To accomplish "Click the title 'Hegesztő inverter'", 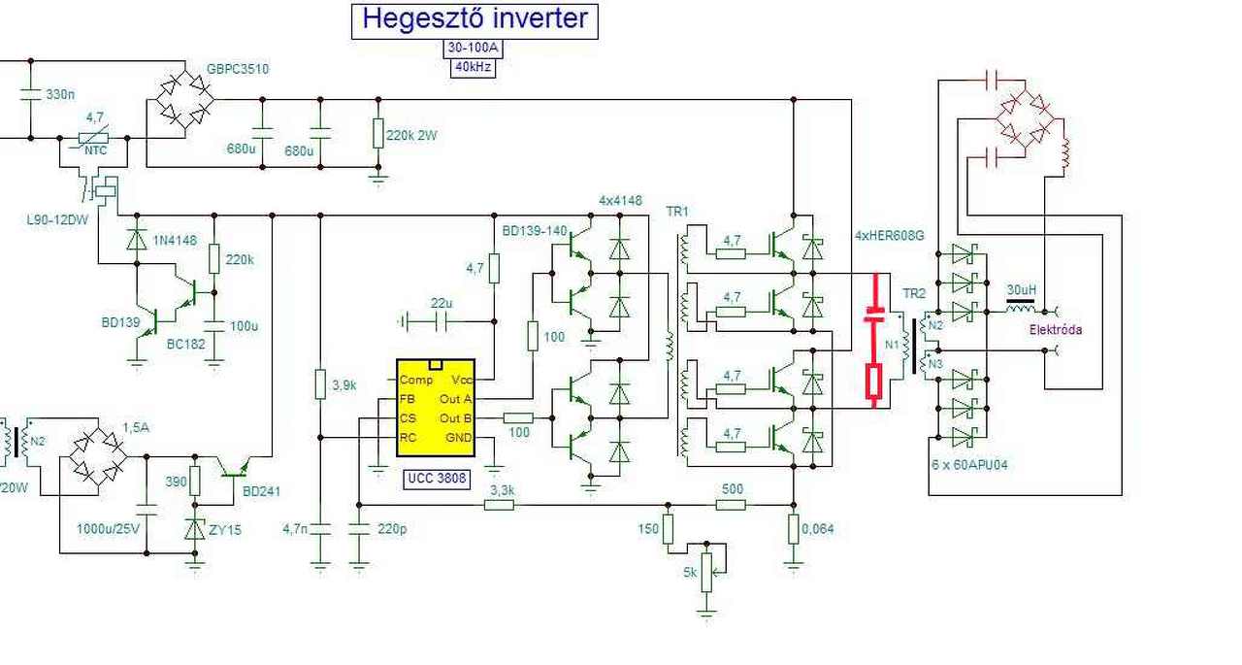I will point(474,19).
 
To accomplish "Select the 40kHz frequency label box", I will point(474,68).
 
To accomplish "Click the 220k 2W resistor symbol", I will point(377,133).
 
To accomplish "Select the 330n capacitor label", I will point(60,94).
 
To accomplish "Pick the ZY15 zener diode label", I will point(224,530).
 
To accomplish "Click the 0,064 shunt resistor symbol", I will point(794,529).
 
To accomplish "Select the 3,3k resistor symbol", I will point(500,505).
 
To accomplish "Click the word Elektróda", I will point(1056,329).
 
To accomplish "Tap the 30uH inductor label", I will point(1022,290).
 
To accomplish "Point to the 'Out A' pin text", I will point(455,399).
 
